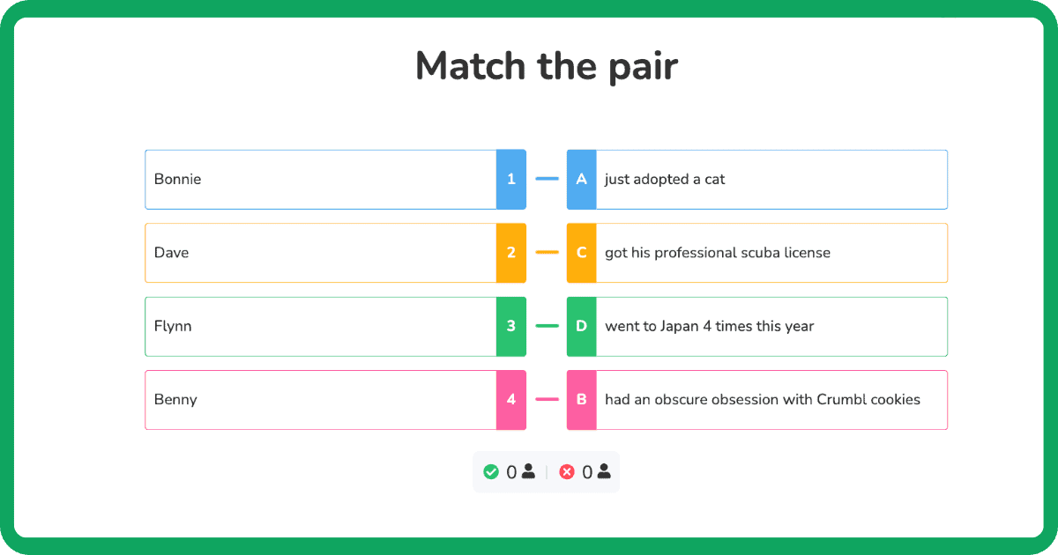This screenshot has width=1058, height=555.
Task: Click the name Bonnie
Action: click(177, 179)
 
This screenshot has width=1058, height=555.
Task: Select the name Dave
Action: click(171, 253)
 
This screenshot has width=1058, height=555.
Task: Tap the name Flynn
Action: click(173, 326)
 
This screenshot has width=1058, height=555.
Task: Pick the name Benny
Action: click(175, 400)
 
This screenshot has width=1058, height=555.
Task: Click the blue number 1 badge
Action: click(511, 179)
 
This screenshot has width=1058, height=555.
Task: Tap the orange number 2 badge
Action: click(511, 253)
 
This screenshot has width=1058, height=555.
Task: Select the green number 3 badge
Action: click(511, 326)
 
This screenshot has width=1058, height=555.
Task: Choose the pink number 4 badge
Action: click(511, 400)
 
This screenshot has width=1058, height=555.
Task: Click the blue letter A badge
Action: click(581, 179)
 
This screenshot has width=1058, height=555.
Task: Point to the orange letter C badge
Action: click(581, 253)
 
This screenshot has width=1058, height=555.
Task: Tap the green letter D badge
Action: click(581, 326)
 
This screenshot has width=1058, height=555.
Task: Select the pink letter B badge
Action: click(581, 400)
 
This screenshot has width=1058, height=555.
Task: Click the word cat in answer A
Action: click(714, 179)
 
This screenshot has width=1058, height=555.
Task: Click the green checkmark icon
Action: click(491, 472)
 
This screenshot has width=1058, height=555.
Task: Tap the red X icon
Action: click(567, 472)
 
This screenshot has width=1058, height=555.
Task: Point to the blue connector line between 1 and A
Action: click(547, 179)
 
